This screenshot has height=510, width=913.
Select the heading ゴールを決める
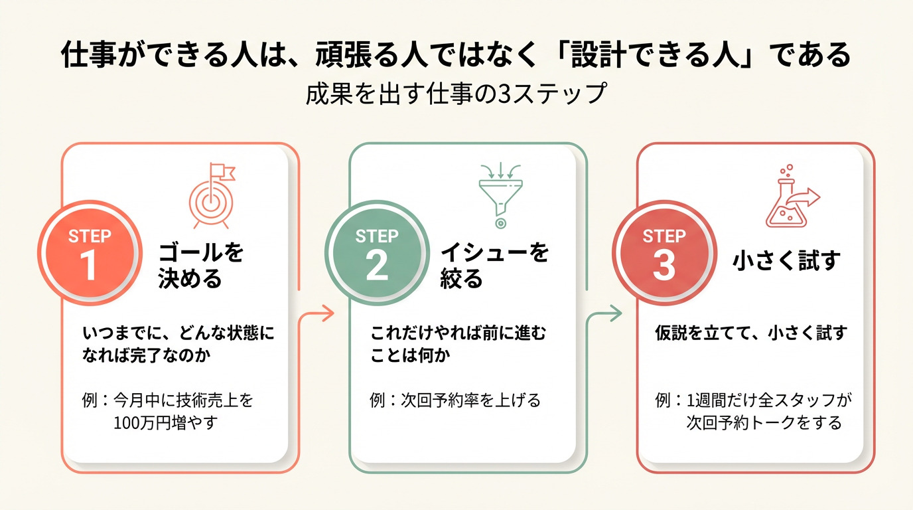(200, 266)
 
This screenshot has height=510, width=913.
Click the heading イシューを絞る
(494, 266)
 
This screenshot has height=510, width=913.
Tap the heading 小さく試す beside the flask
(786, 261)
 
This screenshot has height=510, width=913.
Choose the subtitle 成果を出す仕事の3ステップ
(456, 94)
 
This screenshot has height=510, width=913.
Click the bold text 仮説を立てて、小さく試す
(751, 333)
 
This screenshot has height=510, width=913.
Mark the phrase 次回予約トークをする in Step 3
(764, 423)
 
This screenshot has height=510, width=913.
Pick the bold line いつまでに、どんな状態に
(178, 333)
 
